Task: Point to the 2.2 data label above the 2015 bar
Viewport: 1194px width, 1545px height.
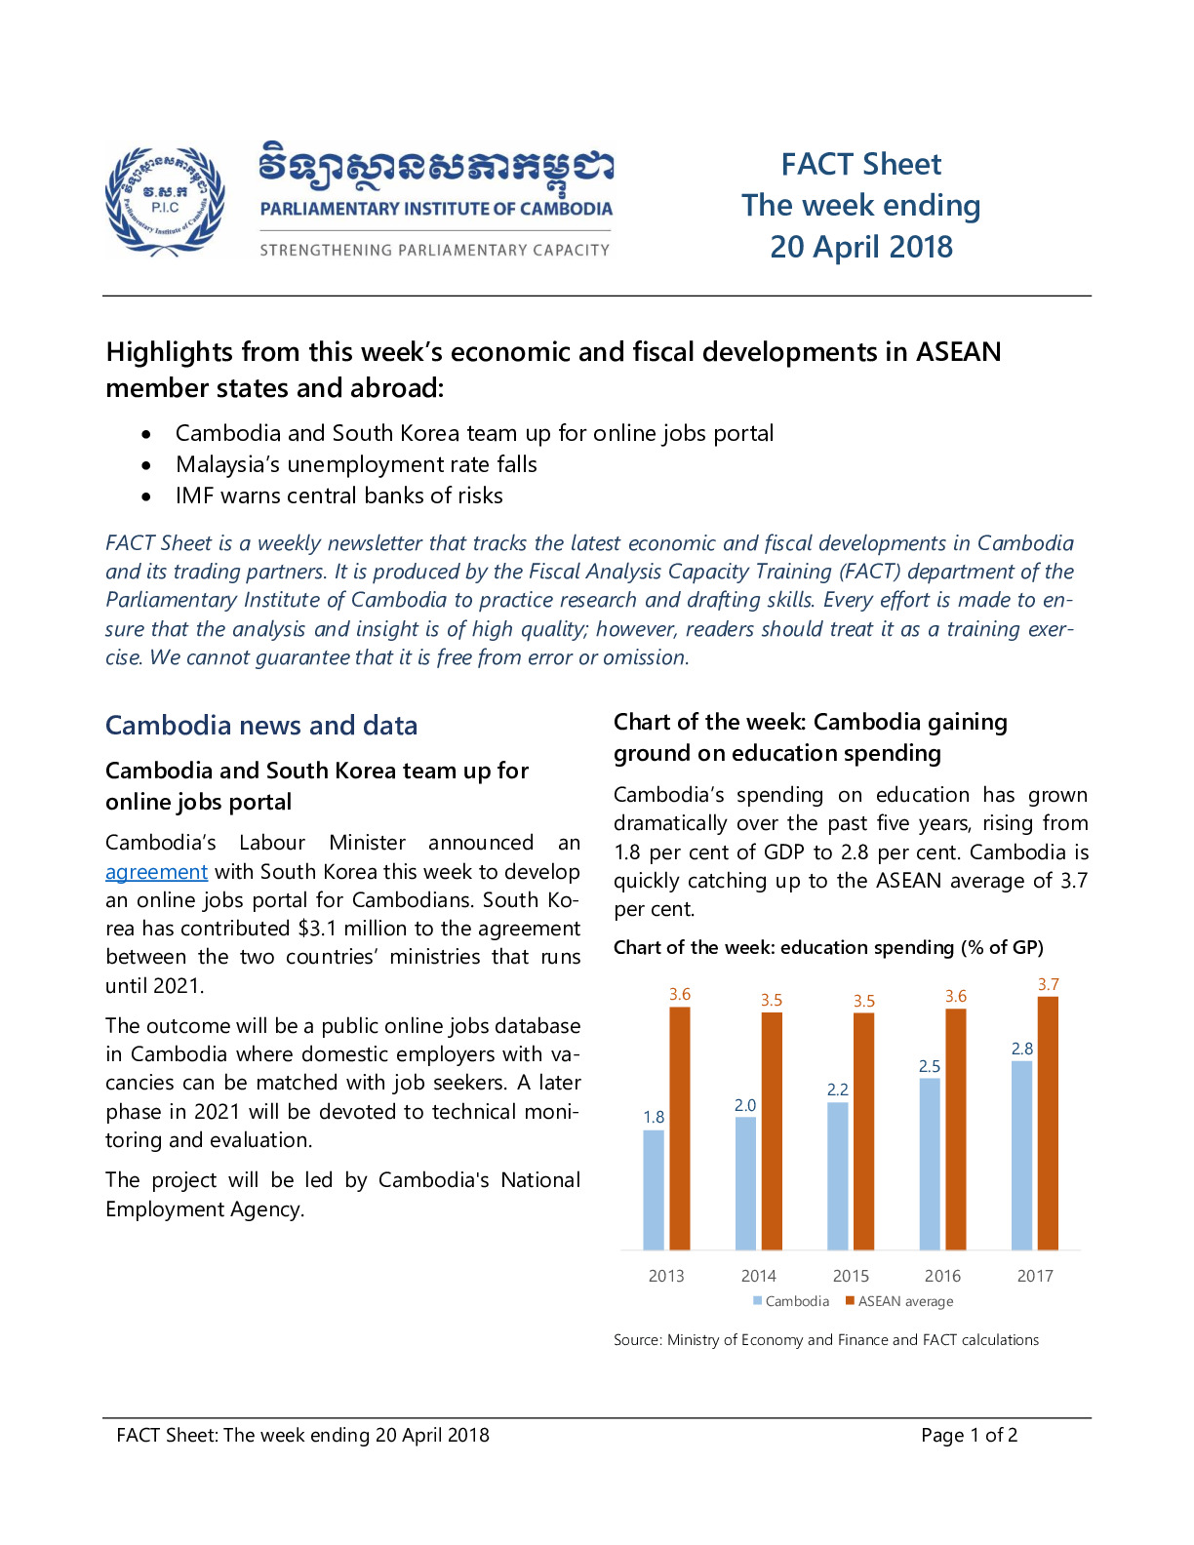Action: [838, 1089]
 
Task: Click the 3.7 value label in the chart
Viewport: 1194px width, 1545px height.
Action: [1049, 985]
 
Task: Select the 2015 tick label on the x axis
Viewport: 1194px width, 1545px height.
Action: [851, 1276]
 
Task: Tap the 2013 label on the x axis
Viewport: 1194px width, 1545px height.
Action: [666, 1276]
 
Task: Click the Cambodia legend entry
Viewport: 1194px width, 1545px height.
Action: [791, 1301]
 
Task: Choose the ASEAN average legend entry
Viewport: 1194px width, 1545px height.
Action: [898, 1301]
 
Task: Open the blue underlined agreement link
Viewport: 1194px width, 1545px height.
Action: [156, 872]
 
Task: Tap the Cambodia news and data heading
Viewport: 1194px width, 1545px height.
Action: [261, 726]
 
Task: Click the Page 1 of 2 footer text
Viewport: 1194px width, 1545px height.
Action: [970, 1435]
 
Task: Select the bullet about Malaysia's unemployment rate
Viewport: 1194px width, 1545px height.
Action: [356, 464]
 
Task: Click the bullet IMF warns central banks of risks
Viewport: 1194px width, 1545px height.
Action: [339, 495]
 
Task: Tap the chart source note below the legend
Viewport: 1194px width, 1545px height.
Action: [826, 1339]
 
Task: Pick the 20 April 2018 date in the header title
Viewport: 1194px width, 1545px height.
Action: [861, 247]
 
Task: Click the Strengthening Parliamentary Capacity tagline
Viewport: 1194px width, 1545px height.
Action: [435, 251]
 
